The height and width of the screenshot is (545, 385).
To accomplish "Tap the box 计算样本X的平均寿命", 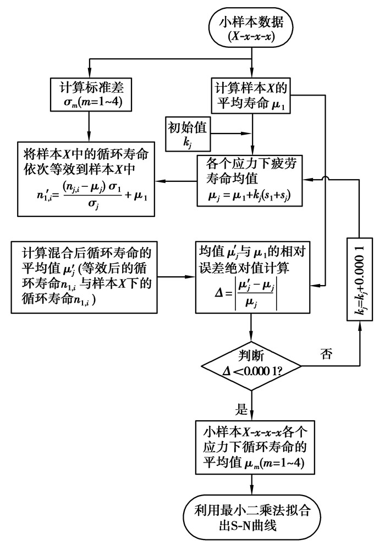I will point(251,94).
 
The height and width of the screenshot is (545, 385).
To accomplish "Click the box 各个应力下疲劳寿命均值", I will point(251,181).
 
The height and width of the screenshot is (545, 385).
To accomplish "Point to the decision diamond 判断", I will point(251,364).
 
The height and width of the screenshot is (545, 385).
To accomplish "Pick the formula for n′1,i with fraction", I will point(89,195).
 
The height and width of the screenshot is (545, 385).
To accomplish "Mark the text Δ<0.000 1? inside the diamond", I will point(251,371).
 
